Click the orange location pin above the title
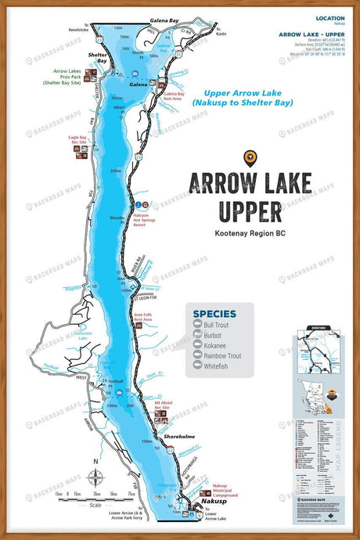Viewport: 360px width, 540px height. point(250,157)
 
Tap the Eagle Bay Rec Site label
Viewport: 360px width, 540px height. point(84,141)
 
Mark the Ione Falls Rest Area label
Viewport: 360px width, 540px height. point(142,317)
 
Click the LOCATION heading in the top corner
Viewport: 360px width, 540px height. point(329,17)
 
